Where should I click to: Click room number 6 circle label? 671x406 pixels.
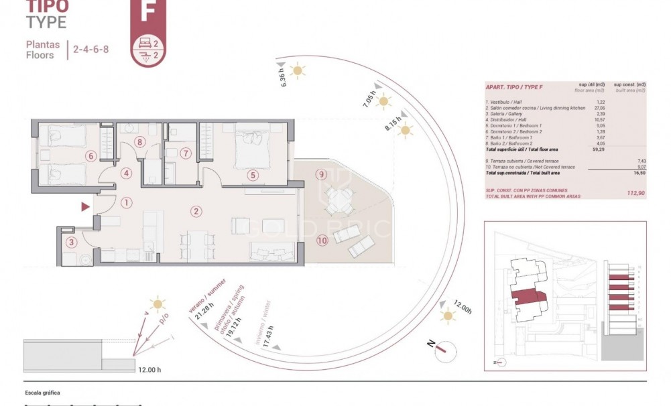[x=91, y=156]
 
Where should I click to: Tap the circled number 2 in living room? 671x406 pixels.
[x=196, y=212]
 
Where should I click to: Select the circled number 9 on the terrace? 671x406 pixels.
[x=322, y=175]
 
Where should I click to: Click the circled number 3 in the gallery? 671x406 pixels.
[x=70, y=243]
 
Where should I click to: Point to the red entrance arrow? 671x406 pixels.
[x=85, y=208]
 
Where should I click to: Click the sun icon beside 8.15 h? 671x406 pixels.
[x=404, y=130]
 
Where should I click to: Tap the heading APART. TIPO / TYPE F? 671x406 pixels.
[x=514, y=87]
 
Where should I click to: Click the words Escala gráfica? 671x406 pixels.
[x=42, y=393]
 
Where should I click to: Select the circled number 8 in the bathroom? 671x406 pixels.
[x=139, y=141]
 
